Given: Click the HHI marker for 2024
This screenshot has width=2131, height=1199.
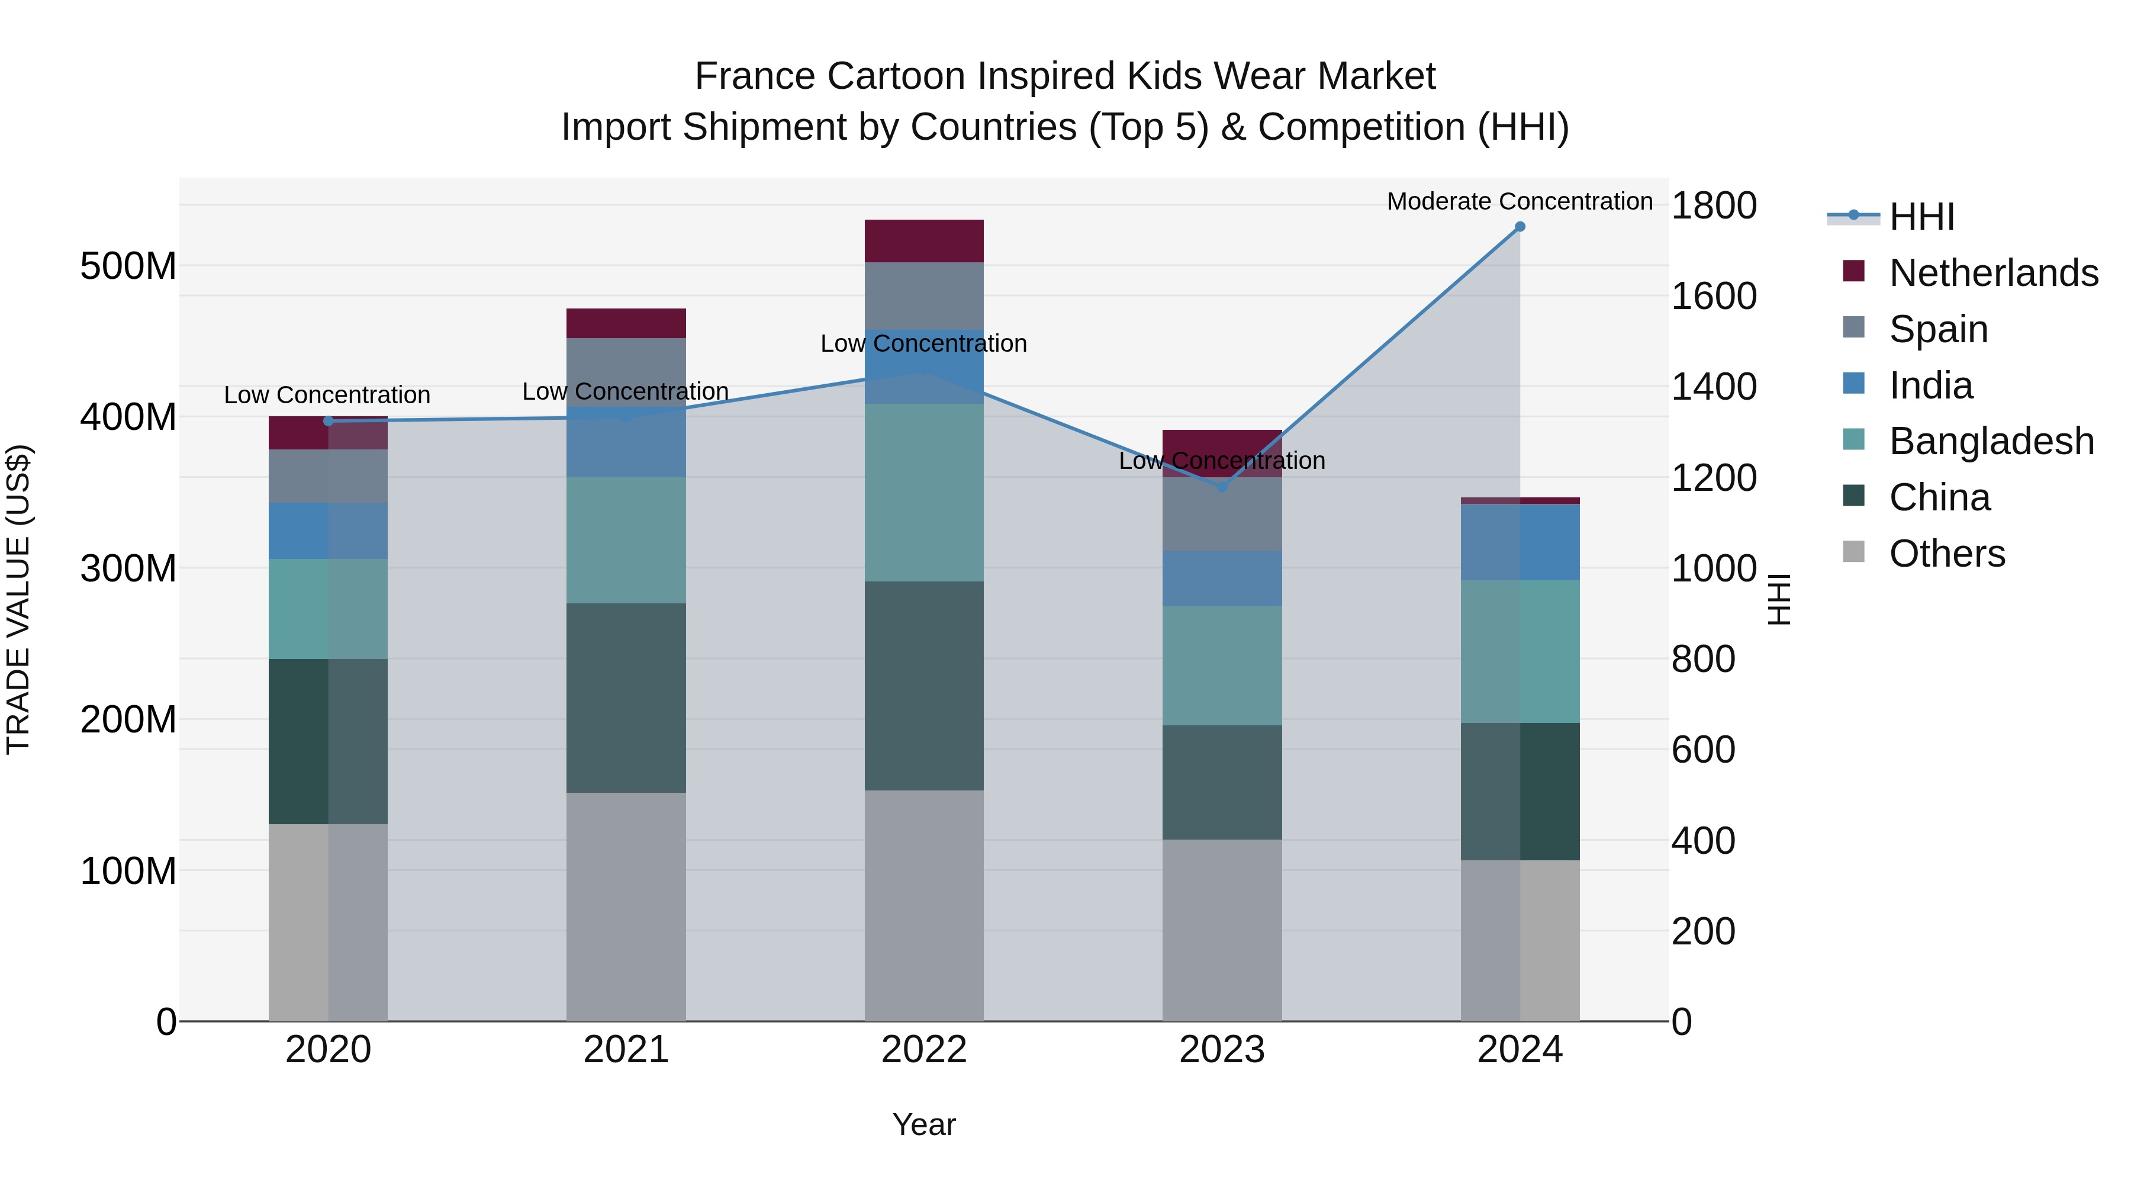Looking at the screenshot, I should coord(1520,227).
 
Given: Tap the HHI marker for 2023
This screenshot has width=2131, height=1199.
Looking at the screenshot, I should coord(1222,487).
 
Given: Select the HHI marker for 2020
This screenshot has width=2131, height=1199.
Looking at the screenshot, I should coord(329,421).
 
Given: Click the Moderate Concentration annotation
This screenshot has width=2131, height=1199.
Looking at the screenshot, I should coord(1520,201).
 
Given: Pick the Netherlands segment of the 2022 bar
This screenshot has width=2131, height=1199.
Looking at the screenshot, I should coord(924,241).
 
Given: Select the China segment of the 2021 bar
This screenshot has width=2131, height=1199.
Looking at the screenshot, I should coord(626,697).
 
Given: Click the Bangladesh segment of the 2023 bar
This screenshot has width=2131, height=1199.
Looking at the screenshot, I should coord(1222,666).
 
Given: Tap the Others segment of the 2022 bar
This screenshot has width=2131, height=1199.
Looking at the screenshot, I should coord(924,905).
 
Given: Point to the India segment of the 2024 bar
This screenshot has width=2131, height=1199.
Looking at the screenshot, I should coord(1520,542).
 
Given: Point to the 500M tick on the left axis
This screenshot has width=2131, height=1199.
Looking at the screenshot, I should coord(128,266).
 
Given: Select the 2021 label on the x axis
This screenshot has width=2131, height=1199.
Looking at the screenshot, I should coord(626,1050).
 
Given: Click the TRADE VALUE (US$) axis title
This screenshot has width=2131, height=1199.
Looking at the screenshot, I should coord(18,599).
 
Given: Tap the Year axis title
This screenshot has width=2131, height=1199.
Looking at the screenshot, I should coord(924,1124).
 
